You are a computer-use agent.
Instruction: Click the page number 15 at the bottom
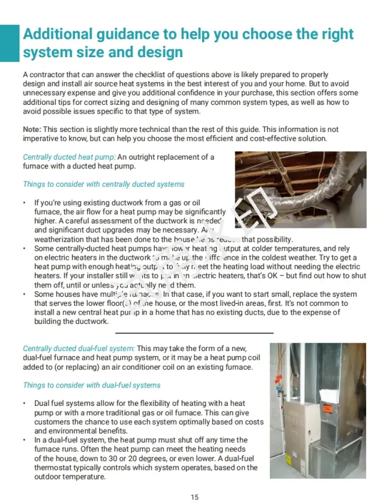click(194, 497)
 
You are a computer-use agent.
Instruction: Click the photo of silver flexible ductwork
click(300, 189)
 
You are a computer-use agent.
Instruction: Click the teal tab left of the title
click(9, 43)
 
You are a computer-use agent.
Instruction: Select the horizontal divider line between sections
click(194, 333)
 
